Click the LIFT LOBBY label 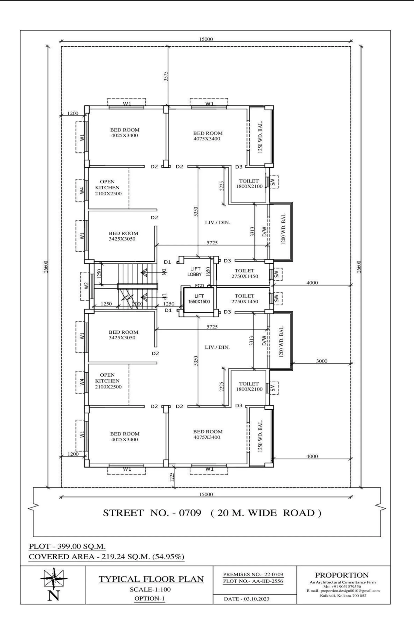click(195, 271)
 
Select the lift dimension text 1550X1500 click(199, 302)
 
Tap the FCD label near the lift click(199, 285)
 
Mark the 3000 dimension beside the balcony click(322, 361)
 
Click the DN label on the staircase click(164, 272)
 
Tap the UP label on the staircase click(164, 297)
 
